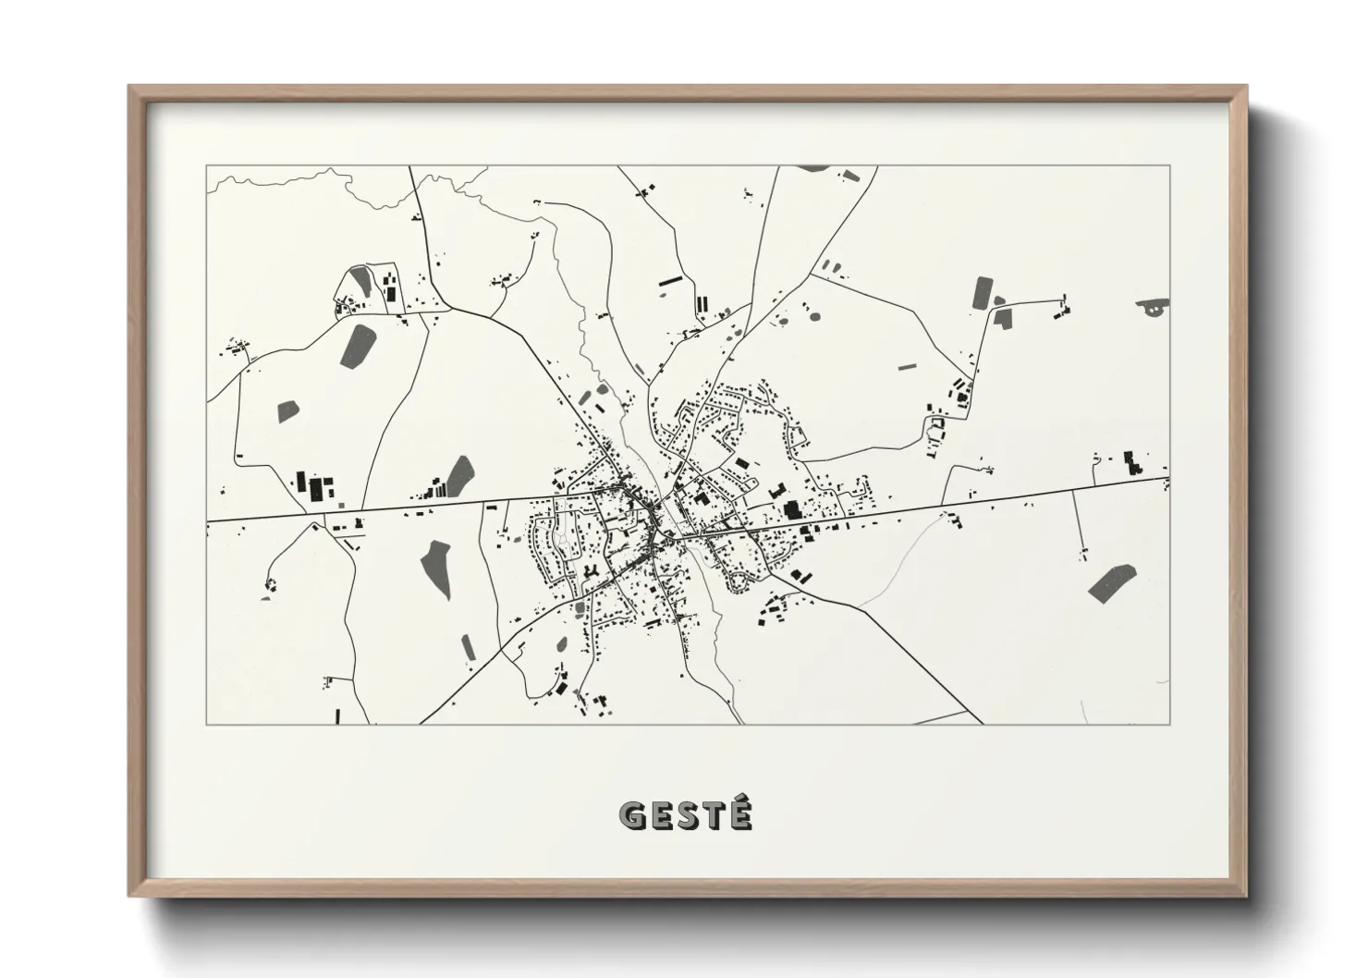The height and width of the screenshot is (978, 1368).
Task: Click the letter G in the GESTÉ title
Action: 633,815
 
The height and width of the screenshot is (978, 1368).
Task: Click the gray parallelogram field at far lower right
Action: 1111,582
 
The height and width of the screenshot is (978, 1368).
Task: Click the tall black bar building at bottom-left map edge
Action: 339,715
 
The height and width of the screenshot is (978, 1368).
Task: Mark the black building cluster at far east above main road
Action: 1130,462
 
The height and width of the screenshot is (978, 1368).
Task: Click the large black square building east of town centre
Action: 791,509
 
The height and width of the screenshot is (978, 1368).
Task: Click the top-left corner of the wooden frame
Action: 130,87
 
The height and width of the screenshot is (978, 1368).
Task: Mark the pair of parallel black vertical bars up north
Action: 702,303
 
